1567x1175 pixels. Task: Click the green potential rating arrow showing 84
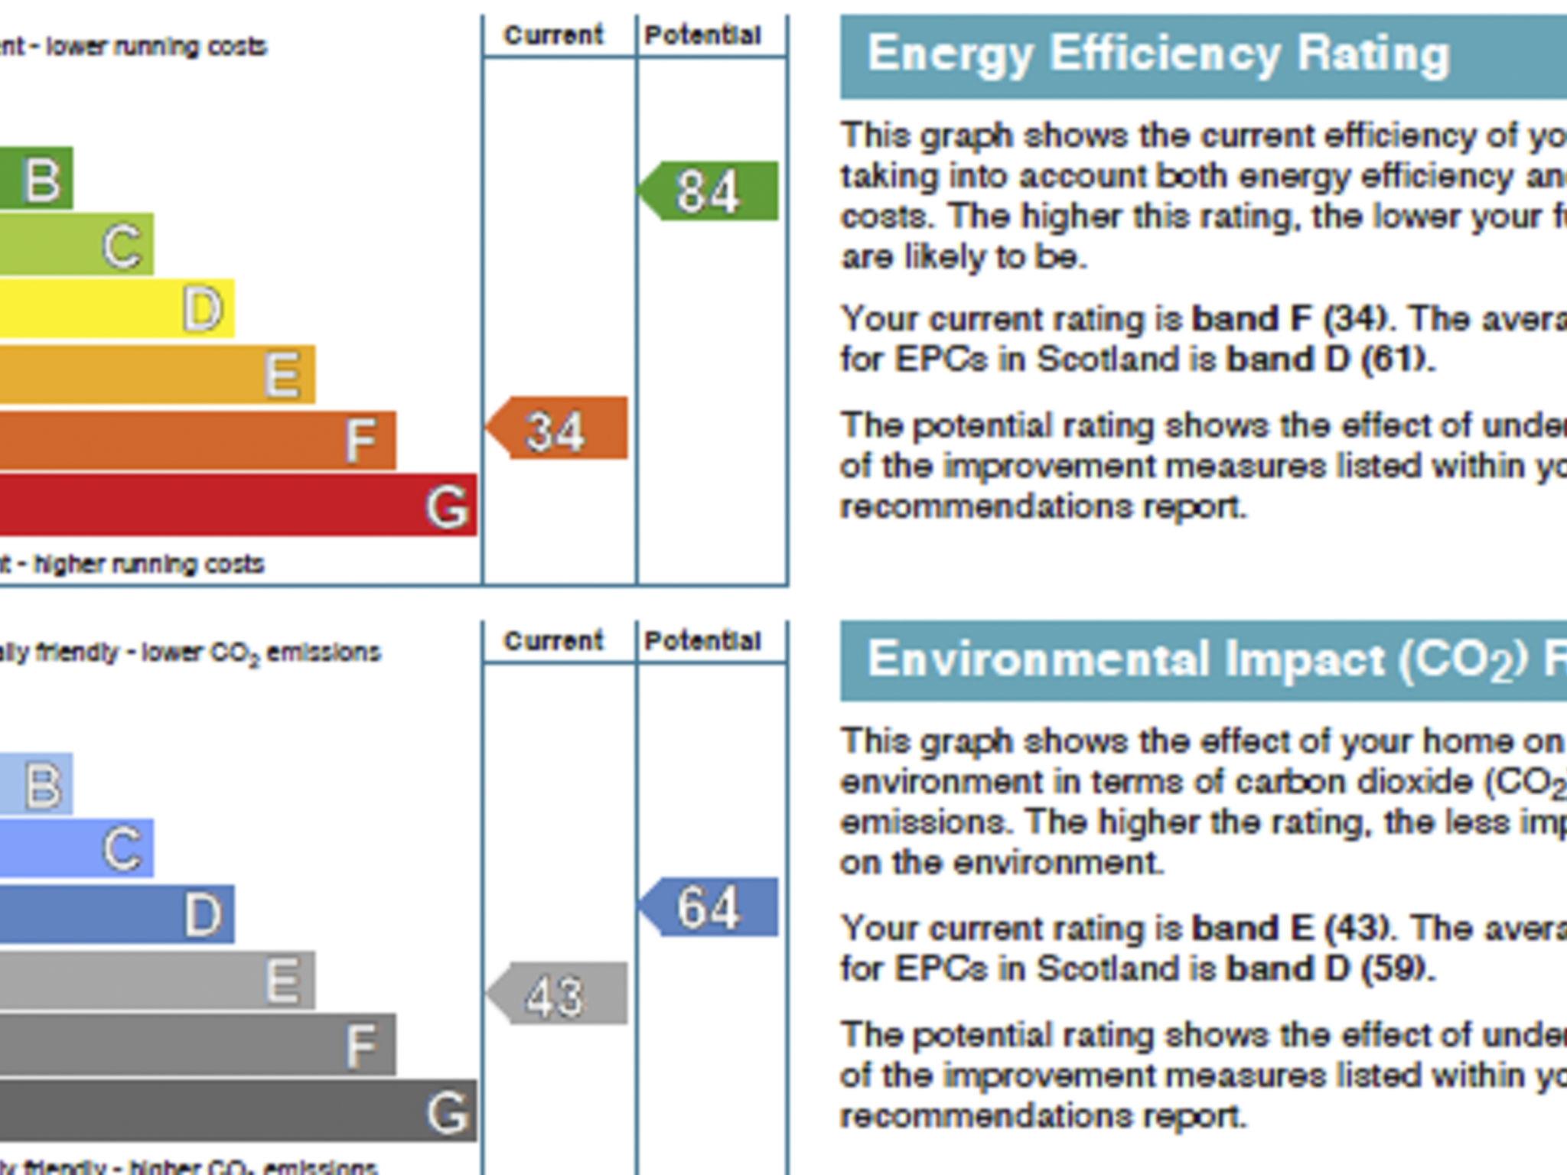click(709, 191)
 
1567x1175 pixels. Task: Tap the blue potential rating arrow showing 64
click(709, 907)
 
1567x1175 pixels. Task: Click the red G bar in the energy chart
click(237, 505)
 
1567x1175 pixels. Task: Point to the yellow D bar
click(115, 309)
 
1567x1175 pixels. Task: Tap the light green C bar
click(77, 245)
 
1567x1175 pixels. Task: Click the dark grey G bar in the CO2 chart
click(237, 1111)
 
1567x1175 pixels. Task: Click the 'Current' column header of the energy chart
click(554, 35)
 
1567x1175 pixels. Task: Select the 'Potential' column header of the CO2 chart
click(702, 641)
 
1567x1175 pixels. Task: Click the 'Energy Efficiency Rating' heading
click(1158, 55)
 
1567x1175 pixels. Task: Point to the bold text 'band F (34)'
click(1289, 319)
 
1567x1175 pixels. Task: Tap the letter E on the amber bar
click(282, 375)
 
